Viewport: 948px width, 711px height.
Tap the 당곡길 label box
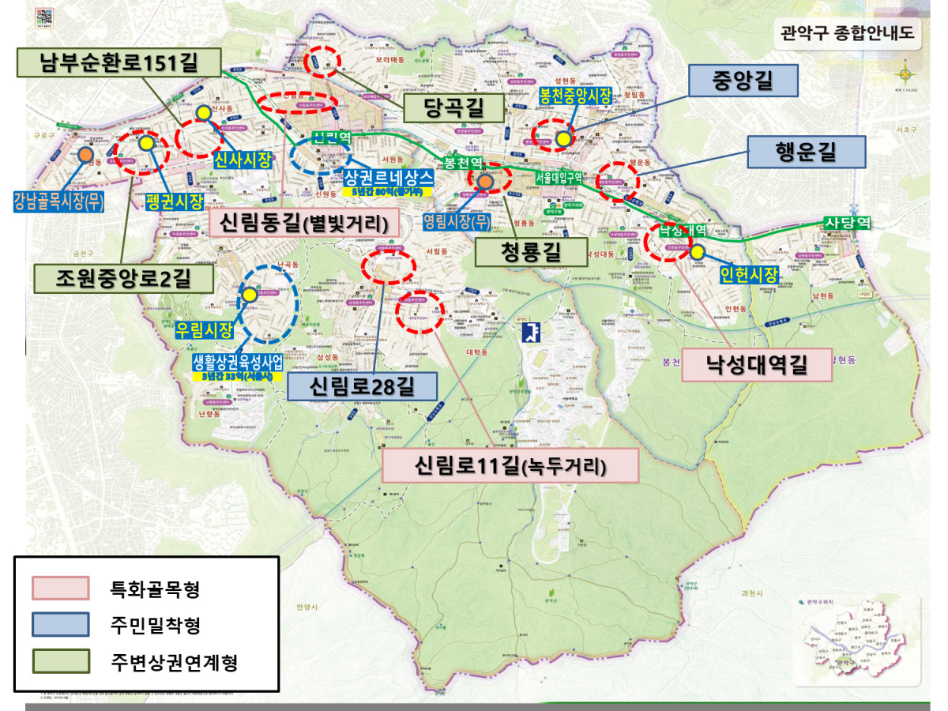pos(453,108)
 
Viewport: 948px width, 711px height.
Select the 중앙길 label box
pos(743,80)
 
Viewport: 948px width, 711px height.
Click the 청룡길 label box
pos(530,252)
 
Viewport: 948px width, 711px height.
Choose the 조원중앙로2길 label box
pos(123,277)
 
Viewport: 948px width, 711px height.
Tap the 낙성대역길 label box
pos(756,365)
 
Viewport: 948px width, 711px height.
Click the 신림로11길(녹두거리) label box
pos(510,465)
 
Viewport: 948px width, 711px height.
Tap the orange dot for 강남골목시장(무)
pos(85,155)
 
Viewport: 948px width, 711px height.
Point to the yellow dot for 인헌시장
pos(697,252)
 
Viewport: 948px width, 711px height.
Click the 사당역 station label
pos(847,223)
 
